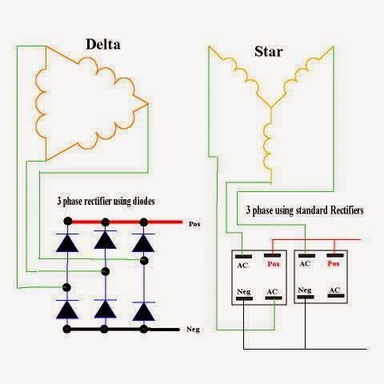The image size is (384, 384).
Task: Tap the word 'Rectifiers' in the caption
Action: tap(338, 210)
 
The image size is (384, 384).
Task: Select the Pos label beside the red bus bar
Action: tap(194, 226)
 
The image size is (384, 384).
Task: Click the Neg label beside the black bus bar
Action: tap(192, 330)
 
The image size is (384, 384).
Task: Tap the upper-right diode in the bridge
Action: tap(144, 239)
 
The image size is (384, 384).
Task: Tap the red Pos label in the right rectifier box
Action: tap(334, 264)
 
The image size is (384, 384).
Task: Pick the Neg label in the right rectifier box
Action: tap(305, 290)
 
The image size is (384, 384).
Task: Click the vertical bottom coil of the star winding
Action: tap(270, 140)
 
